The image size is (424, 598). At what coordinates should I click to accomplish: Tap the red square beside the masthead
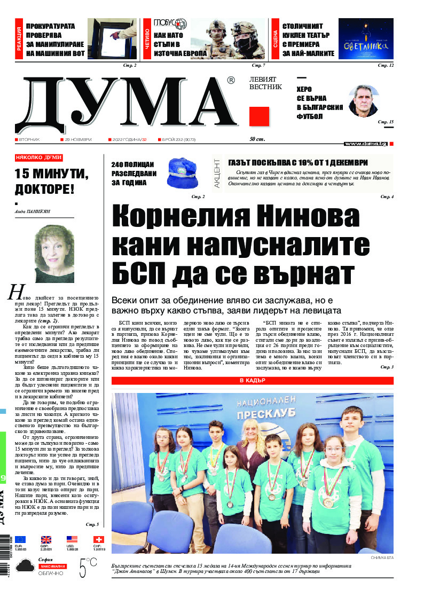coord(259,116)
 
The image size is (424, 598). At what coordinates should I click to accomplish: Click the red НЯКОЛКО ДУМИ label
coord(39,158)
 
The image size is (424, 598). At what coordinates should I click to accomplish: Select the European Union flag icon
coord(20,539)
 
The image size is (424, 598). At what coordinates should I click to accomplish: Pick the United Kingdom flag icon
coord(46,539)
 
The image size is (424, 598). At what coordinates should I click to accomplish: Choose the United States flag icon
coord(72,539)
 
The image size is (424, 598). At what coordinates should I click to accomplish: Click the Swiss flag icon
coord(98,539)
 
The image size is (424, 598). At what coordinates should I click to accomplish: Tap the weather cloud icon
coord(25,566)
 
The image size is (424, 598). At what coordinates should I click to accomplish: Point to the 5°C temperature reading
coord(88,567)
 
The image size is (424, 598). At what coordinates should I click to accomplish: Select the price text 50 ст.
coord(258,139)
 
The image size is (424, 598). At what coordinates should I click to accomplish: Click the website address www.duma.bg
coord(366,144)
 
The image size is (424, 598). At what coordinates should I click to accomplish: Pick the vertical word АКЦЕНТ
coord(217,172)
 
